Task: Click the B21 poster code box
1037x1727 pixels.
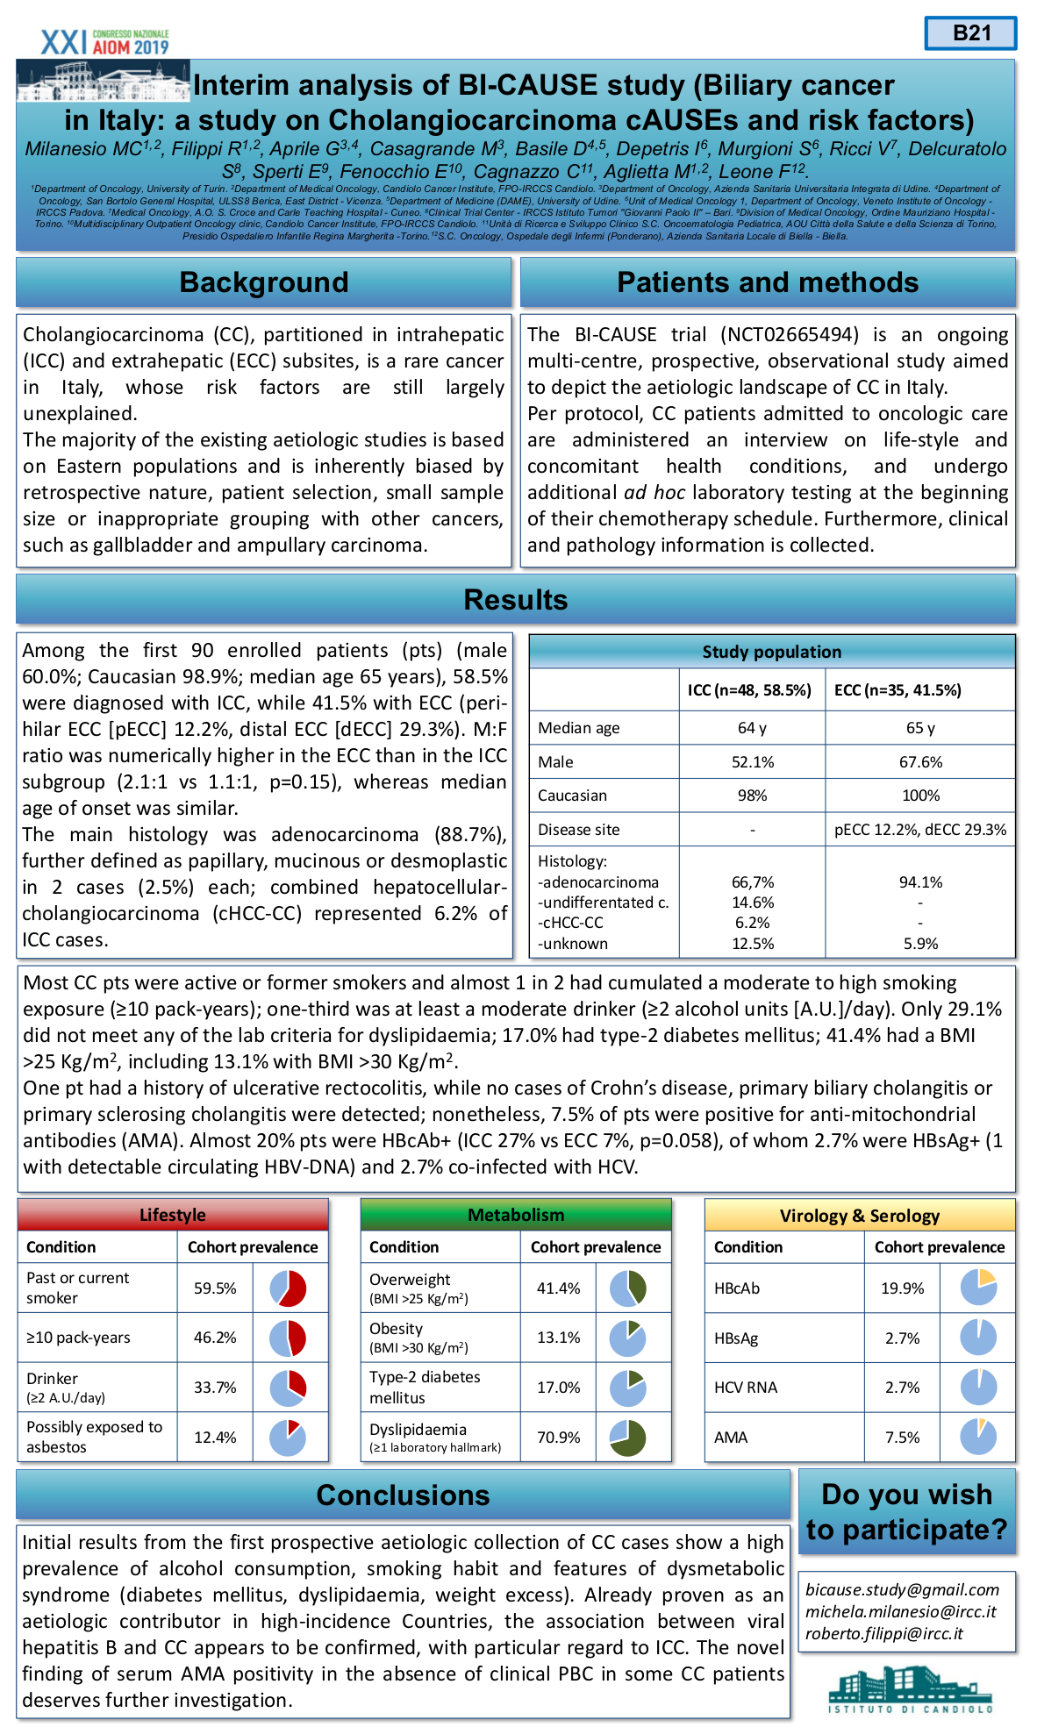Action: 970,33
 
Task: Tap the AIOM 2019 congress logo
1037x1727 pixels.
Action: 104,42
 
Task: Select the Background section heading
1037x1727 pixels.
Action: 263,282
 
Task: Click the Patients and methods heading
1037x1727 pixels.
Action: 768,282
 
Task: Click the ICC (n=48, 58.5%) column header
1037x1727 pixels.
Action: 749,690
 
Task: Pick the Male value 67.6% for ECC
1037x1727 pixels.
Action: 920,762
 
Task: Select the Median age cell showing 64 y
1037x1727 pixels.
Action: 752,728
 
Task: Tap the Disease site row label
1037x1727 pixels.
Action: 579,830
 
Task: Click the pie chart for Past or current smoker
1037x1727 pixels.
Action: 288,1288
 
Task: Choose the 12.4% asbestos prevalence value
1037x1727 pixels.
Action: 215,1438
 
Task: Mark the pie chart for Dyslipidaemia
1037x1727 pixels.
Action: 628,1438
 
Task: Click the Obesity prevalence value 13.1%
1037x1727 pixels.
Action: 558,1338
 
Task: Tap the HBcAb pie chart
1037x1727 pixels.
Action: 978,1288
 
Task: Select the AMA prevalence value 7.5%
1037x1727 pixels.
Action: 902,1438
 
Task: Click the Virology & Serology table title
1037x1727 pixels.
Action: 859,1216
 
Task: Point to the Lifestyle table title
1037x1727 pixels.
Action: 173,1215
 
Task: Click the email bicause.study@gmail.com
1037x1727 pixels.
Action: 902,1590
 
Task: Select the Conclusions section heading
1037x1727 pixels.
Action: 403,1495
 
